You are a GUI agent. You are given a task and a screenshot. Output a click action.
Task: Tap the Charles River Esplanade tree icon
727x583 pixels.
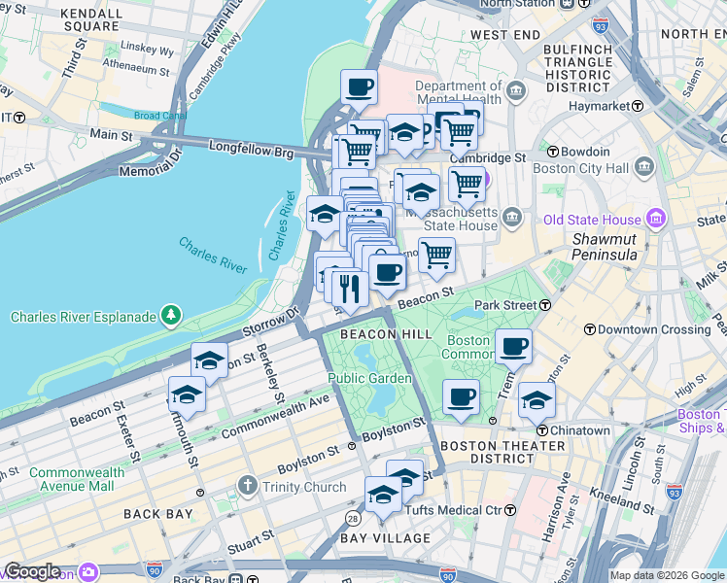(171, 315)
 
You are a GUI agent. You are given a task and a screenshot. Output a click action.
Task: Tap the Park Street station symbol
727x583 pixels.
(545, 305)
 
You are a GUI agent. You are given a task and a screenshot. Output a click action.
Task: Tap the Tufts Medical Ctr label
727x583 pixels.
(463, 510)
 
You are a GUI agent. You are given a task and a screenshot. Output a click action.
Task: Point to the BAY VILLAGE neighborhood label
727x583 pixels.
(385, 537)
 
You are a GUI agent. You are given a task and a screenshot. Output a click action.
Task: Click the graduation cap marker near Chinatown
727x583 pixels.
(536, 399)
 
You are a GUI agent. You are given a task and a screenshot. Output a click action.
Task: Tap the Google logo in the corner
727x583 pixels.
(32, 571)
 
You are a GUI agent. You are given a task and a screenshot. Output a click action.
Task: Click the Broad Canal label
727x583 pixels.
(160, 116)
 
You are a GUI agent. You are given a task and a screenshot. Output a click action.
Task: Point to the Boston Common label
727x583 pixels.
(468, 347)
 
